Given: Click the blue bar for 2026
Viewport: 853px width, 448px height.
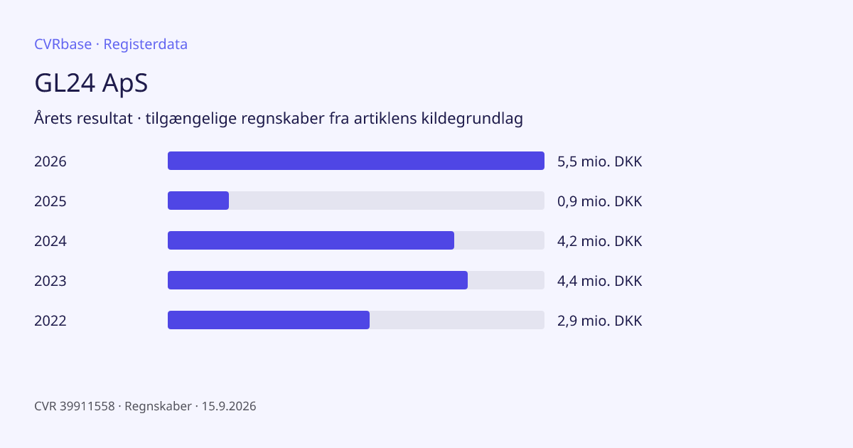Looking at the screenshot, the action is pos(356,161).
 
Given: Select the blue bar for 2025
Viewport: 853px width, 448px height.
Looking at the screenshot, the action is pos(198,201).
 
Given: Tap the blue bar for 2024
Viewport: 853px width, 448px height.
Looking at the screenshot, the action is pos(311,240).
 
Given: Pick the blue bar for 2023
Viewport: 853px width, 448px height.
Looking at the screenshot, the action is pos(318,280).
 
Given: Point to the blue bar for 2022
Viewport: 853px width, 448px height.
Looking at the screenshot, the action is pos(269,320).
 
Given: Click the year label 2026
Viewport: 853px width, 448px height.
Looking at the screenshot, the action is pos(50,161).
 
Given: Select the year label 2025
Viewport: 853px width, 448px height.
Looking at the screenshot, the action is pos(50,201).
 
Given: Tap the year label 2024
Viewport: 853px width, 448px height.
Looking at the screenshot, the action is pos(50,241).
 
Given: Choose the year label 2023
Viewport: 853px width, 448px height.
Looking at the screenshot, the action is pos(50,281).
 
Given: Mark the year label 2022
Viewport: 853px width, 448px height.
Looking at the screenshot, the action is pos(50,321).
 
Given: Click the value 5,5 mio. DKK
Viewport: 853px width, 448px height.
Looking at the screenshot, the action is pos(600,161).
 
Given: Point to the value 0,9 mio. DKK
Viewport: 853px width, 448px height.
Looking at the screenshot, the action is pos(600,201).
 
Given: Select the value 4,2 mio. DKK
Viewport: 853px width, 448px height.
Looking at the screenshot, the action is pos(600,241).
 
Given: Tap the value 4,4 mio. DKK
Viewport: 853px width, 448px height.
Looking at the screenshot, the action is pos(600,281).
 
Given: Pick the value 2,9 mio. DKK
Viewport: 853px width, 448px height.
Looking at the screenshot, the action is pos(600,321).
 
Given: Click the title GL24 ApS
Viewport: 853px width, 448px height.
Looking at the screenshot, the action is pos(91,83).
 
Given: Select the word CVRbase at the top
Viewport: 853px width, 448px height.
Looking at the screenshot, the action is pos(63,44).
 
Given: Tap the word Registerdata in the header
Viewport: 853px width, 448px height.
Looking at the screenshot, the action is pos(146,45).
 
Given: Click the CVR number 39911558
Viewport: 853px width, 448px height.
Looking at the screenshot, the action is pos(87,406).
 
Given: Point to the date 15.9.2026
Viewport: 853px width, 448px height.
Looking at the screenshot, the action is pos(229,406).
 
